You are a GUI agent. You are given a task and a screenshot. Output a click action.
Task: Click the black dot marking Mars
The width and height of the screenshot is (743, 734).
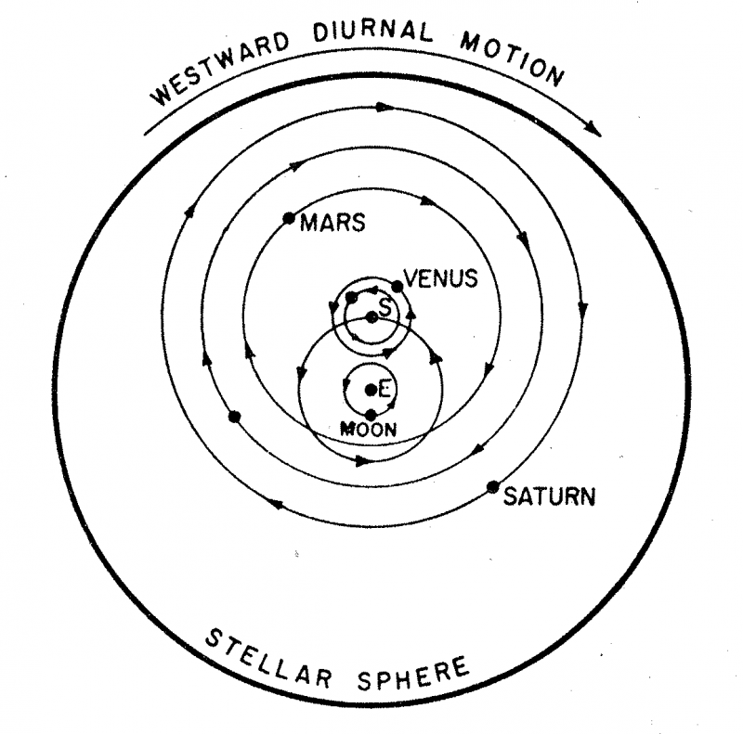tap(289, 219)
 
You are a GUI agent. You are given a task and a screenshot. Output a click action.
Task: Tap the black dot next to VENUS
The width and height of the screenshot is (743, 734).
tap(398, 286)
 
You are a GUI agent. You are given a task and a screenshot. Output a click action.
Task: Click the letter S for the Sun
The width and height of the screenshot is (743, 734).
tap(383, 305)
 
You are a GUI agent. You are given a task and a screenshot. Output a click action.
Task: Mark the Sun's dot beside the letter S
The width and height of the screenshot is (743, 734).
tap(371, 317)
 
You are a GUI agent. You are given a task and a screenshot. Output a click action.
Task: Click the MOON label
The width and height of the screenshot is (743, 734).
tap(370, 430)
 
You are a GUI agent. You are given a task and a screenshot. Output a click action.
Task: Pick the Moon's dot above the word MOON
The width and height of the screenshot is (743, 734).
tap(371, 415)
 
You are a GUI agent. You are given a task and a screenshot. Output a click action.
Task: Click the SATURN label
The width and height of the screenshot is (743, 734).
tap(548, 497)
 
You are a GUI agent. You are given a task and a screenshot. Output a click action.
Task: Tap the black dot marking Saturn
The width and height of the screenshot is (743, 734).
tap(493, 487)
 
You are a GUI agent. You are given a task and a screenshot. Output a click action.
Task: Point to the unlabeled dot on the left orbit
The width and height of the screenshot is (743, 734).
tap(234, 417)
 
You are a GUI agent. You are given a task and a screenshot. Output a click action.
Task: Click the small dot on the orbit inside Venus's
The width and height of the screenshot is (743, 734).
tap(351, 298)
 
